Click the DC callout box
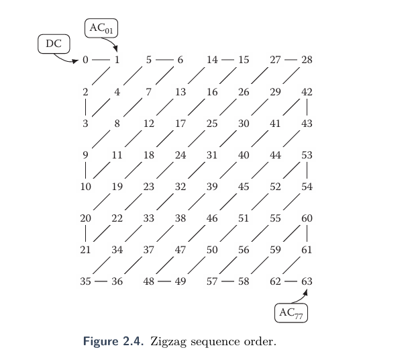(53, 44)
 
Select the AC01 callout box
(102, 28)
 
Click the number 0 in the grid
(85, 60)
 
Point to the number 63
(307, 281)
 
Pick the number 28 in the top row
(307, 60)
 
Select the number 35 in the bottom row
(85, 281)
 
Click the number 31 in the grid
(212, 155)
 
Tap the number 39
(212, 187)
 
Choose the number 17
(180, 124)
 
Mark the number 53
(307, 155)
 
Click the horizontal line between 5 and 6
(164, 60)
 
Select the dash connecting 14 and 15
(227, 60)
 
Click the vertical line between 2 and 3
(85, 107)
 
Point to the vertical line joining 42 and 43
(307, 107)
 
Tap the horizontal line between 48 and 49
(164, 281)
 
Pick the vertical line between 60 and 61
(307, 234)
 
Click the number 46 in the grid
(212, 218)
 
